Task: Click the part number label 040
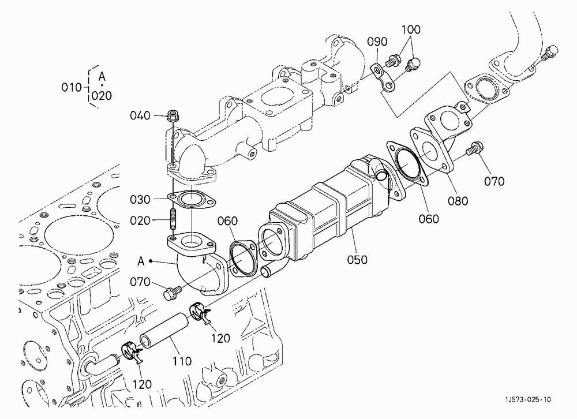[140, 115]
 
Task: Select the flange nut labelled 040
[172, 117]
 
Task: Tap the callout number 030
[140, 200]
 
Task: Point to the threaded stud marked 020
[173, 218]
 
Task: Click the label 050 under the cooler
[357, 260]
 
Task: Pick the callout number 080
[458, 201]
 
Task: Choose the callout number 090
[377, 42]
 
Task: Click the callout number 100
[411, 29]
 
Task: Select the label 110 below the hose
[182, 361]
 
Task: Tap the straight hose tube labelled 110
[164, 331]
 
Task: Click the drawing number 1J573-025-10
[528, 399]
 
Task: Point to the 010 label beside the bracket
[72, 88]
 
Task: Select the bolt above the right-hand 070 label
[475, 149]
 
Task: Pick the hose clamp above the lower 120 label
[132, 353]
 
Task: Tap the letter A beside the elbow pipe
[141, 261]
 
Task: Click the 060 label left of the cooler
[227, 221]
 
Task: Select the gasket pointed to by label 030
[192, 199]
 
